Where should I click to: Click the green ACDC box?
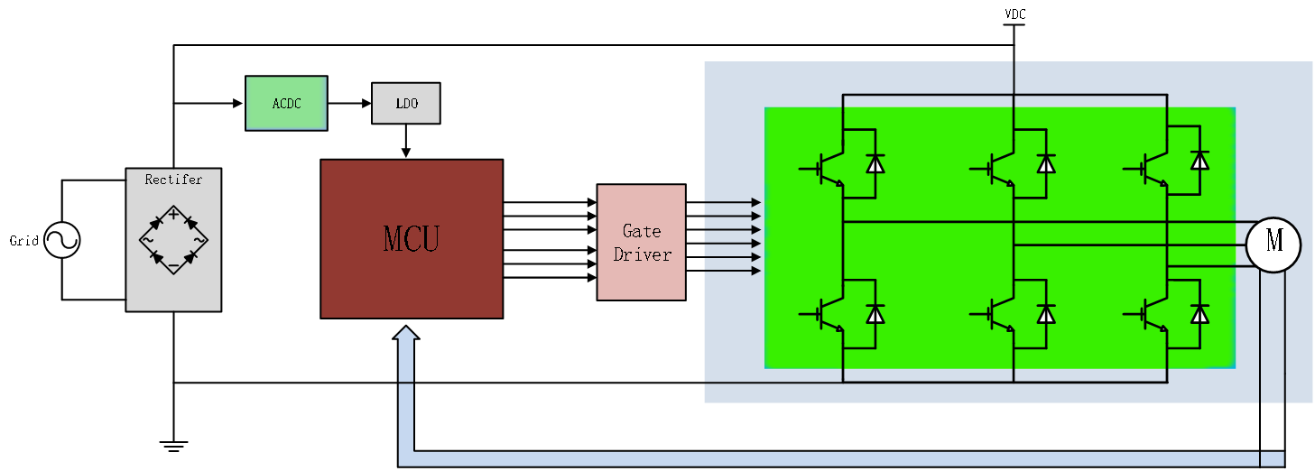[286, 103]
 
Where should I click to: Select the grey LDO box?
[406, 103]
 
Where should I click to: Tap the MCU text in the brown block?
[411, 239]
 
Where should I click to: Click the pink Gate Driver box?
[641, 242]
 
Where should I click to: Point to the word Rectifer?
[173, 180]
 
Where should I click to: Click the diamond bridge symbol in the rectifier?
[173, 239]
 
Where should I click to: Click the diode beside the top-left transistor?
[875, 163]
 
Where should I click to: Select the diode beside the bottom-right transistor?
[1199, 313]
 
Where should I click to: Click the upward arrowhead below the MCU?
[406, 334]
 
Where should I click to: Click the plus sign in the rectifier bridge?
[173, 213]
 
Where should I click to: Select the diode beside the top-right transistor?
[1199, 161]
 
